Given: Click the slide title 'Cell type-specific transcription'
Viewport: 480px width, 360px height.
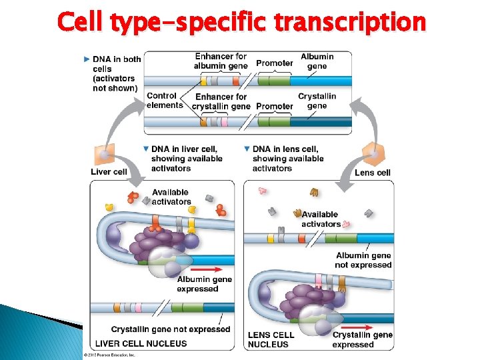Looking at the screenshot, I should click(241, 22).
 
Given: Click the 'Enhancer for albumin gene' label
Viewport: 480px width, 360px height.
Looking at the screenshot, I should click(221, 61).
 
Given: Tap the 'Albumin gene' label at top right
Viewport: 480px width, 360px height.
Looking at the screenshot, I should click(317, 61).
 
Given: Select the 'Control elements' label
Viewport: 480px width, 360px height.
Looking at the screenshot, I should click(165, 100).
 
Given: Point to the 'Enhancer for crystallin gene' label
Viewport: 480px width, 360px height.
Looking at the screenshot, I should click(221, 101).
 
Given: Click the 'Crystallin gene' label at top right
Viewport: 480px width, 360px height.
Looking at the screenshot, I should click(317, 101).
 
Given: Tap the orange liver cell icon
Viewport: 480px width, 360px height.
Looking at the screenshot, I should click(103, 156).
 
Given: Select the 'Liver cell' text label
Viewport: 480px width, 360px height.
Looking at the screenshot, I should click(109, 172).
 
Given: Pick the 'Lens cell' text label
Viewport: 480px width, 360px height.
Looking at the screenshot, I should click(373, 173).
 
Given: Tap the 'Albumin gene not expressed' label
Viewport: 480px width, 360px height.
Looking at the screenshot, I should click(363, 260).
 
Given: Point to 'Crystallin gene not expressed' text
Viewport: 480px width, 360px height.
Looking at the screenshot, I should click(171, 329).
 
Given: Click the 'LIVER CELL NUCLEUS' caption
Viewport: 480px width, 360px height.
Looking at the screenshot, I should click(141, 343).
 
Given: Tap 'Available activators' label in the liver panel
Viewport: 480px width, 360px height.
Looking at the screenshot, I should click(171, 197).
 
